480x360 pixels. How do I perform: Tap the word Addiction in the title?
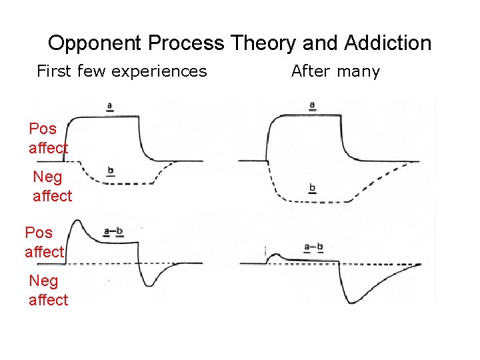(x=388, y=44)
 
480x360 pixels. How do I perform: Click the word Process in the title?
(x=186, y=44)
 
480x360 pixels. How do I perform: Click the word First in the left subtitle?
(x=53, y=71)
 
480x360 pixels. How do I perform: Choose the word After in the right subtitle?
(x=311, y=71)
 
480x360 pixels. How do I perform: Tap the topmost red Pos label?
(x=43, y=129)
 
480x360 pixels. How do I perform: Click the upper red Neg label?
(x=47, y=177)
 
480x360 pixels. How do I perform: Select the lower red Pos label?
(x=39, y=233)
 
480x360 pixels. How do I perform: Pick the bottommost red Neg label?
(x=43, y=281)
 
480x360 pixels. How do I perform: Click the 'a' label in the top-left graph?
(x=109, y=105)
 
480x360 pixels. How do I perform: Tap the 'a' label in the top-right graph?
(x=312, y=105)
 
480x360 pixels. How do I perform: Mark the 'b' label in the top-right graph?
(x=311, y=189)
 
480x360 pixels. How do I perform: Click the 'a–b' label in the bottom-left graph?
(x=113, y=231)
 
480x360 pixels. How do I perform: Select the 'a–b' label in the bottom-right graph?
(x=313, y=247)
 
